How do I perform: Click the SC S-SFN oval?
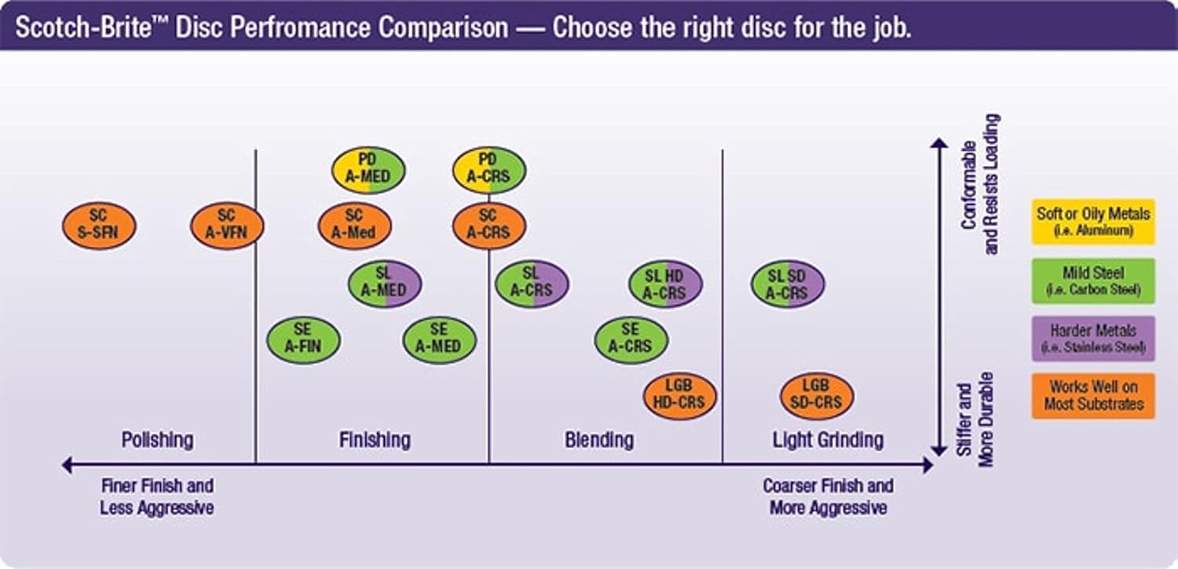tap(99, 226)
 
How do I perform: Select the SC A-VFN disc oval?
tap(227, 226)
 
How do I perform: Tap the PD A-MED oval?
tap(368, 170)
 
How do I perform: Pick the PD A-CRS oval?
tap(489, 170)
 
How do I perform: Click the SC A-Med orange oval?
tap(354, 226)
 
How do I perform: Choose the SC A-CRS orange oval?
tap(489, 226)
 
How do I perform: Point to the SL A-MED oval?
tap(385, 283)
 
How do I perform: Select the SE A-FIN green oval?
tap(304, 340)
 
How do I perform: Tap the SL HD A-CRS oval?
tap(665, 284)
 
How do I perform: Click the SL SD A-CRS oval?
tap(788, 284)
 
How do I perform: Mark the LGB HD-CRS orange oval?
tap(679, 396)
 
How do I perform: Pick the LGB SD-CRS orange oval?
tap(817, 396)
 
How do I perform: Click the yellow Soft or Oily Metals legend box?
tap(1093, 222)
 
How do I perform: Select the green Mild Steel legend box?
tap(1093, 281)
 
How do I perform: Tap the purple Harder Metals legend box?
tap(1093, 339)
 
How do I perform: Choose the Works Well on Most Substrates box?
tap(1093, 396)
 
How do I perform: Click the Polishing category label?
tap(158, 439)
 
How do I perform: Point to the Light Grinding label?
tap(828, 439)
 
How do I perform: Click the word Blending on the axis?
tap(599, 439)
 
